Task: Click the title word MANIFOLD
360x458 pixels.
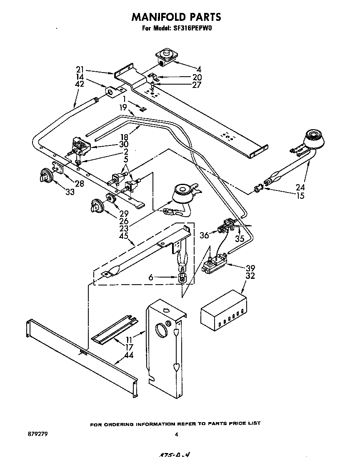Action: tap(156, 17)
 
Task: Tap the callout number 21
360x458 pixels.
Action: tap(80, 70)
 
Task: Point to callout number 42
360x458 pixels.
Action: tap(80, 84)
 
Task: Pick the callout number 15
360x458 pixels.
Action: tap(300, 196)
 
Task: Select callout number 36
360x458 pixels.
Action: tap(204, 235)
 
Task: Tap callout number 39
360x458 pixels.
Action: tap(250, 268)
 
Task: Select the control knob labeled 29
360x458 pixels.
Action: tap(97, 205)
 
